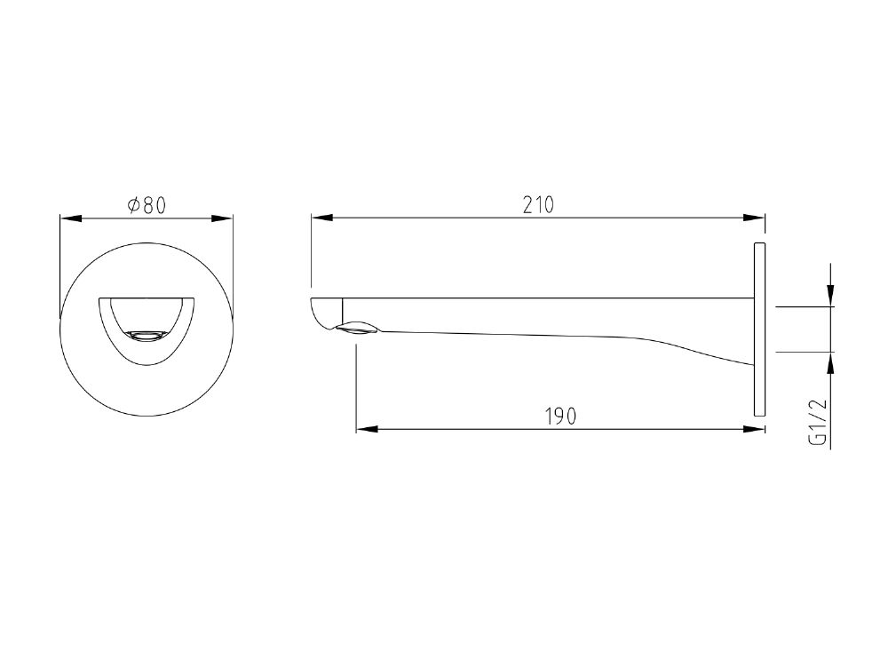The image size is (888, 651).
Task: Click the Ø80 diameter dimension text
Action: point(147,205)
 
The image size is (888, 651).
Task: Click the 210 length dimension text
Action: point(538,205)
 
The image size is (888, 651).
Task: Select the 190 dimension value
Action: point(561,416)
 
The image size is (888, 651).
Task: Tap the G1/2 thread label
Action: point(819,421)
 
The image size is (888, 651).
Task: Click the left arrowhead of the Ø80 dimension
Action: point(69,218)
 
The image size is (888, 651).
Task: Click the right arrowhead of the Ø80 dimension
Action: point(223,218)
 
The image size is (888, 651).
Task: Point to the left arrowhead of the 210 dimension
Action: point(321,218)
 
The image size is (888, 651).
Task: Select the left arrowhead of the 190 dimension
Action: point(366,429)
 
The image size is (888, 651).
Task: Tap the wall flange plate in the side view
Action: point(759,329)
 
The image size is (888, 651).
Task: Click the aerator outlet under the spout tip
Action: point(358,329)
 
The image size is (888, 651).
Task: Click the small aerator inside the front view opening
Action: point(146,335)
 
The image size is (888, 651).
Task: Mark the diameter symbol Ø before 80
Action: point(132,205)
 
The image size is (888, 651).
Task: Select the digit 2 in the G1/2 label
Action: point(819,405)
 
